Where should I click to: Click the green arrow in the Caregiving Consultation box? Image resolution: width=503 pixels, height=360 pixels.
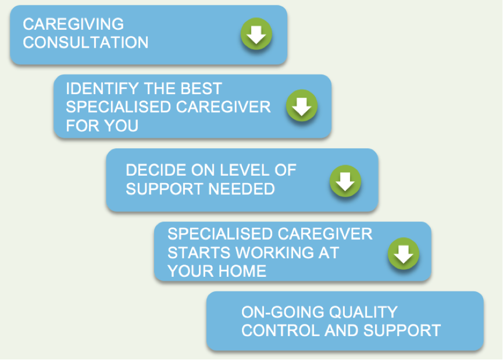(x=256, y=34)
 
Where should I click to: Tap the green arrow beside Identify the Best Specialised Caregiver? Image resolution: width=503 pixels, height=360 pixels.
(x=302, y=106)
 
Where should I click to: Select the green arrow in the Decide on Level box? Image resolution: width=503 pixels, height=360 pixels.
(x=345, y=181)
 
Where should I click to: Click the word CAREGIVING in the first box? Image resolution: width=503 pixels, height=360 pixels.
(x=73, y=24)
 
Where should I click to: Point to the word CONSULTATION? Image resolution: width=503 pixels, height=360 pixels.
(x=85, y=42)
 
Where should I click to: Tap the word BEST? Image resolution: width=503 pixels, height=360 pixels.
(x=201, y=88)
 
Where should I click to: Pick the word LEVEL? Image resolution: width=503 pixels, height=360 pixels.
(x=244, y=170)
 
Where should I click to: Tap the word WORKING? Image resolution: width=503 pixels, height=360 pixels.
(x=274, y=252)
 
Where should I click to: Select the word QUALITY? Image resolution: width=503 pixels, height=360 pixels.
(x=363, y=312)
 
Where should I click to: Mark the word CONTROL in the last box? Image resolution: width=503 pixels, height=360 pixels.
(x=281, y=330)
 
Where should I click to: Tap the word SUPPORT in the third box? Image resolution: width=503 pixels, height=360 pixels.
(x=165, y=188)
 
